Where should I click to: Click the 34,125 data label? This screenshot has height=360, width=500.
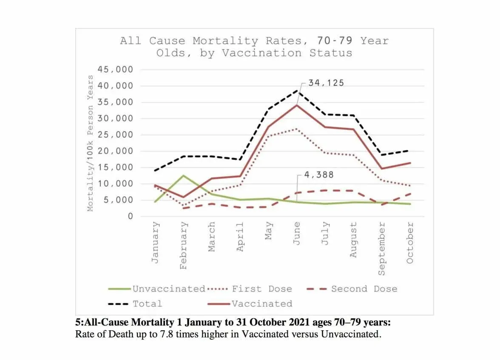tap(326, 83)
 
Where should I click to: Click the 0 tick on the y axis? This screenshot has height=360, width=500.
tap(130, 216)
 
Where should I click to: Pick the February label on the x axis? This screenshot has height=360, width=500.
tap(183, 245)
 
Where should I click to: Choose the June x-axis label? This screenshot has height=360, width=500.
tap(297, 233)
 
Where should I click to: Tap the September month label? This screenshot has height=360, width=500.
tap(381, 249)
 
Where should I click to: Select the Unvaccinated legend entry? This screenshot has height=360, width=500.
tap(169, 289)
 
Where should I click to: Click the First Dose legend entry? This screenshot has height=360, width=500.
tap(261, 289)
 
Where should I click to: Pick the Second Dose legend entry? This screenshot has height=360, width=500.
tap(364, 289)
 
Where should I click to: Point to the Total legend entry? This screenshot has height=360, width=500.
tap(147, 304)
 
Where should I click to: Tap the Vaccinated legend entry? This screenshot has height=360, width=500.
tap(261, 304)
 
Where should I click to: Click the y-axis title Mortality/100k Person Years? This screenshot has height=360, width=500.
tap(90, 143)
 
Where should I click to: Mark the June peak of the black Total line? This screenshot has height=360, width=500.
tap(297, 91)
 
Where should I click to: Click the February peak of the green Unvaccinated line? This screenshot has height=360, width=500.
tap(183, 175)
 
